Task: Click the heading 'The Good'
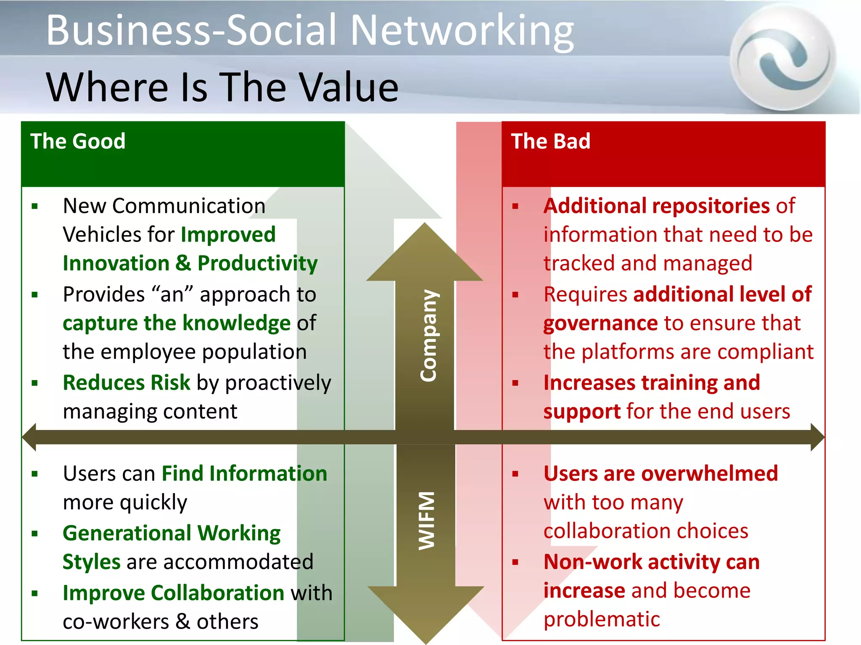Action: point(78,141)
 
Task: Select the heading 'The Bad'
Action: point(550,141)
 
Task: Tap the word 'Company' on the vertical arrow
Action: point(428,336)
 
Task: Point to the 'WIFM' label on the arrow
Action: point(426,521)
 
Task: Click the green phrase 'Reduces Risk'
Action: point(127,383)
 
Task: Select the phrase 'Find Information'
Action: point(244,474)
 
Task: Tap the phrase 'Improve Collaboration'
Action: point(173,593)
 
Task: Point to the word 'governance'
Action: point(600,323)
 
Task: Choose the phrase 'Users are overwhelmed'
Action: point(660,474)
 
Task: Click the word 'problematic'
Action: point(602,619)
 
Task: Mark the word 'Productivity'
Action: point(257,264)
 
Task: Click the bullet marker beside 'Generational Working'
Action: point(35,534)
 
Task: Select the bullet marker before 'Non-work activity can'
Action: point(515,562)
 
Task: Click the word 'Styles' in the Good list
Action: point(92,562)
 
